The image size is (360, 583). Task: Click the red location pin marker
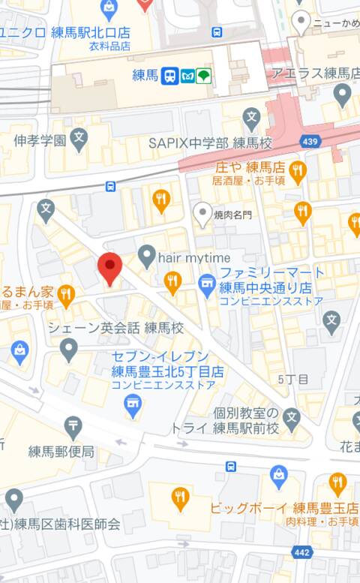point(110,268)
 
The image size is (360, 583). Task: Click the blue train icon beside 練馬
point(170,76)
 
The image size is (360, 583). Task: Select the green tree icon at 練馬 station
point(204,76)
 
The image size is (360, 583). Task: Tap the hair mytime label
point(194,257)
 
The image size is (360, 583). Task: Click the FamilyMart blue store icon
point(206,284)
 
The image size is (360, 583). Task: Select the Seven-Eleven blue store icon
point(132,406)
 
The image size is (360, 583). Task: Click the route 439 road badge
point(309,141)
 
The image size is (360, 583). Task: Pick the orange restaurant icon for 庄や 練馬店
point(298,172)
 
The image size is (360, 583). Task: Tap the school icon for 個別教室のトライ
point(292,417)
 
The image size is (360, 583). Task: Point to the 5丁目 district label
point(292,380)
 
